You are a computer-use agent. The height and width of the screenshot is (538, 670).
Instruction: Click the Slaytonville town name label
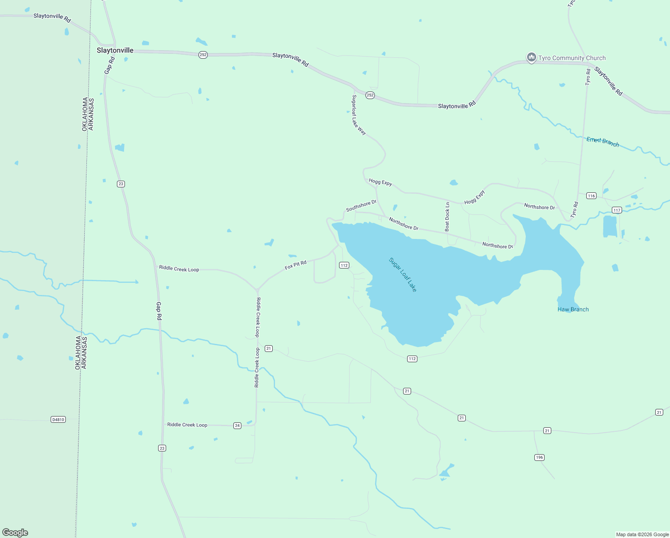pyautogui.click(x=115, y=50)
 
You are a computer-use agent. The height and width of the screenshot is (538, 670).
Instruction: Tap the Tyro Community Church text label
pyautogui.click(x=572, y=58)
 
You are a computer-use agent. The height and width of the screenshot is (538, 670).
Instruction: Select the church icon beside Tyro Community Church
pyautogui.click(x=532, y=57)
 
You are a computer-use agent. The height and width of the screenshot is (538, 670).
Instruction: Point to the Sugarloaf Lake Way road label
pyautogui.click(x=359, y=115)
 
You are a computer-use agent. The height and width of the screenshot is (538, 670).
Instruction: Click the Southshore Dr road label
pyautogui.click(x=361, y=206)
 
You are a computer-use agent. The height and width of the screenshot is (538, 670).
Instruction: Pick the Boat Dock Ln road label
pyautogui.click(x=447, y=217)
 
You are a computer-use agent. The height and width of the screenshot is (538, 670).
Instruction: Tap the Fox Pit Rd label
pyautogui.click(x=296, y=265)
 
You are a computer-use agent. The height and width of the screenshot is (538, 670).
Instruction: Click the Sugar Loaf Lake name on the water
pyautogui.click(x=403, y=275)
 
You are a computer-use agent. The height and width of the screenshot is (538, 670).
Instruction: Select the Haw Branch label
pyautogui.click(x=573, y=309)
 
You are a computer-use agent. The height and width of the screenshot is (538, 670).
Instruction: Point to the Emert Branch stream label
pyautogui.click(x=603, y=142)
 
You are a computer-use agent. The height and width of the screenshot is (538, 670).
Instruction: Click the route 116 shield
pyautogui.click(x=591, y=195)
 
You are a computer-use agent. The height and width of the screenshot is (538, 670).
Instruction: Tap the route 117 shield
pyautogui.click(x=617, y=210)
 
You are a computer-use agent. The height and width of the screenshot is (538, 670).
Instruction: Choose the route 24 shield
pyautogui.click(x=237, y=425)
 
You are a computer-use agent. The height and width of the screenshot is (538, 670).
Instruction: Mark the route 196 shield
pyautogui.click(x=539, y=457)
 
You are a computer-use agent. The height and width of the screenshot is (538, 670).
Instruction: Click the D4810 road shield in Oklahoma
pyautogui.click(x=58, y=420)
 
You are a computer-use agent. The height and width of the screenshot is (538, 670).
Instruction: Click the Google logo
pyautogui.click(x=15, y=533)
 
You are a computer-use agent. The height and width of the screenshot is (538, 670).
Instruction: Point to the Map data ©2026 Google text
pyautogui.click(x=642, y=534)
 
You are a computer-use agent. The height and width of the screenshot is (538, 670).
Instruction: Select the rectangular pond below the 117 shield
pyautogui.click(x=610, y=226)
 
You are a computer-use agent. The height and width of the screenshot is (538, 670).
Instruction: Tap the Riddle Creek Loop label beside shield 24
pyautogui.click(x=187, y=425)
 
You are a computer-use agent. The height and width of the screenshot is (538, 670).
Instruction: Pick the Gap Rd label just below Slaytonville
pyautogui.click(x=110, y=65)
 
